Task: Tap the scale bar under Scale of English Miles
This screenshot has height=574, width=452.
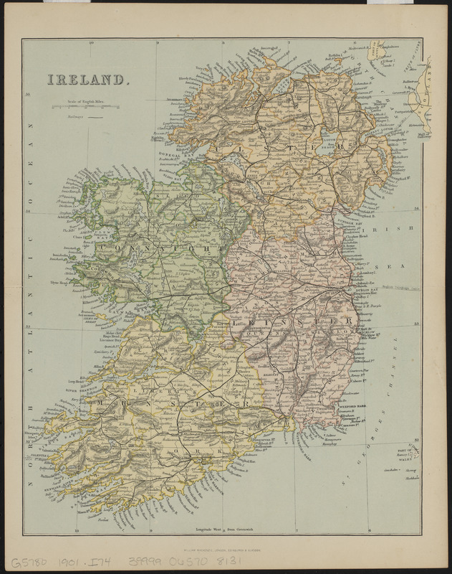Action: coord(85,108)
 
